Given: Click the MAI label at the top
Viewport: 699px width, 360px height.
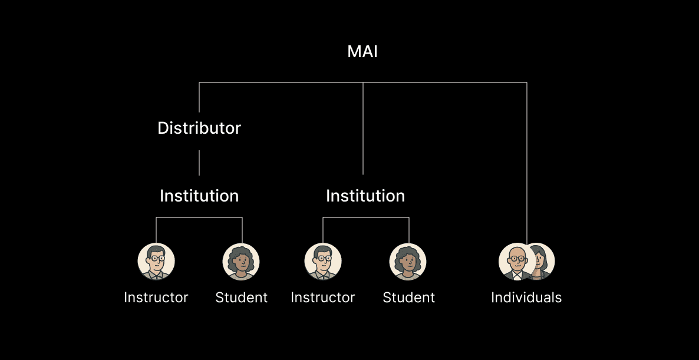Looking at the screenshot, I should tap(362, 52).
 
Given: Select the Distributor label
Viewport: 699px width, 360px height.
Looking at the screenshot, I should tap(199, 128).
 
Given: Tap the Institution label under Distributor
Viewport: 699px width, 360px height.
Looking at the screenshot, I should tap(199, 196).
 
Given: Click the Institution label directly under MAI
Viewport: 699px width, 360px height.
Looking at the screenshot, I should tap(365, 196).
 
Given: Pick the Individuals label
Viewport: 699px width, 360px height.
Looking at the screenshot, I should tap(526, 298).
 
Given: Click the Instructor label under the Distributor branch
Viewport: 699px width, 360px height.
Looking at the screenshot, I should tap(156, 298).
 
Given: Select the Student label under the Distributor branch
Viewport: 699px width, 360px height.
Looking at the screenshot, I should tap(242, 298).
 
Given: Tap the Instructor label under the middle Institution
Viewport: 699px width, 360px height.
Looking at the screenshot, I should tap(323, 298).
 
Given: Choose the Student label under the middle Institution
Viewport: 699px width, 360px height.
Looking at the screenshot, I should tap(409, 298).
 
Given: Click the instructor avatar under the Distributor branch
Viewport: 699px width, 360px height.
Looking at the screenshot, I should tap(156, 262).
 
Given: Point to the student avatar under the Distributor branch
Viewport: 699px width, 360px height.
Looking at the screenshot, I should tap(241, 262).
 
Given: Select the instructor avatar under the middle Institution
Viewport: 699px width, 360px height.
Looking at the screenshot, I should tap(323, 262).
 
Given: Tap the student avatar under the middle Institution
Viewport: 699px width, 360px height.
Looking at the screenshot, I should tap(408, 262).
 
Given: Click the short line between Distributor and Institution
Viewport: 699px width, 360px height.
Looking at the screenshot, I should tap(199, 163).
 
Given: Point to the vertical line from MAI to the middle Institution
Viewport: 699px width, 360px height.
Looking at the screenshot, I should tap(363, 130).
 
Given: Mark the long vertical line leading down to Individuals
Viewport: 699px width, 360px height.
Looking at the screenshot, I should tap(526, 165).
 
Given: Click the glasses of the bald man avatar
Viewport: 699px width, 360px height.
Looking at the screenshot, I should tap(517, 258).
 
